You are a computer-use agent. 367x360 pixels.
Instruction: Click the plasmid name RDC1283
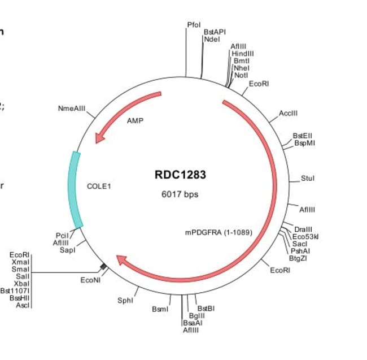180,175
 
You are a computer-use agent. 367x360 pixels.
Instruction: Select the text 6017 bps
180,194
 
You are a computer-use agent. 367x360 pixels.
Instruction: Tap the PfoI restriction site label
194,25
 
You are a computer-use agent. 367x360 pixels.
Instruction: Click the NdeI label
212,39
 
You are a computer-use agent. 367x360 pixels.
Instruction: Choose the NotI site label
241,75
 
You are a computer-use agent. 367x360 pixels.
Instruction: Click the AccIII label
288,113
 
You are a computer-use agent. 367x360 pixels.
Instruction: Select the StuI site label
307,179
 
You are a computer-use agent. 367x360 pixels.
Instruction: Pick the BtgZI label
298,258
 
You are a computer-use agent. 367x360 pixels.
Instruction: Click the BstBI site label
206,309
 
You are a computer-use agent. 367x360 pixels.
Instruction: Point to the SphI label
125,301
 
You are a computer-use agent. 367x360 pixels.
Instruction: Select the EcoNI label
90,280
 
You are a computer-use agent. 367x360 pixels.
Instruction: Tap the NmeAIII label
71,108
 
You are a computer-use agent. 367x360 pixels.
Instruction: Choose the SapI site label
67,249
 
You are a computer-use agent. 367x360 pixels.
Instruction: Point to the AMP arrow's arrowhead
100,137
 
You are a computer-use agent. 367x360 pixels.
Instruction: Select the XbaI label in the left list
23,283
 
